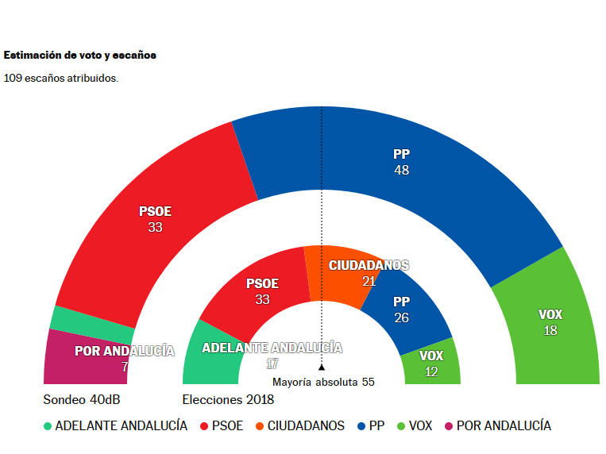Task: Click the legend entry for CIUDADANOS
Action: coord(306,426)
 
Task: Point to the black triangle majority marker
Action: coord(322,367)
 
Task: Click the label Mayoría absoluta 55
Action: coord(323,382)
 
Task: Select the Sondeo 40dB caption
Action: coord(81,399)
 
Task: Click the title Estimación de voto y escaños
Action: coord(80,56)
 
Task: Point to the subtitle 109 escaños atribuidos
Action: coord(61,78)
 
